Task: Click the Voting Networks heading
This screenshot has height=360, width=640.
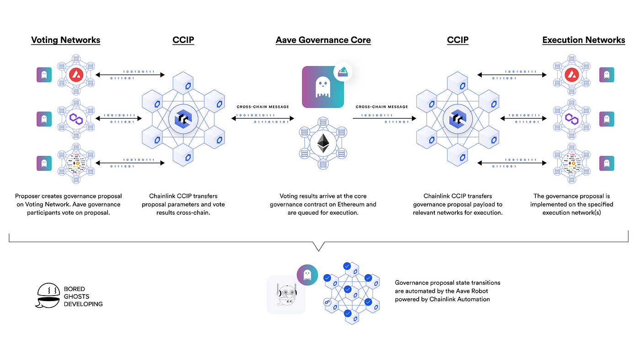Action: tap(65, 40)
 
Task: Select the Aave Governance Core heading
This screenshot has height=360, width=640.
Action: tap(323, 40)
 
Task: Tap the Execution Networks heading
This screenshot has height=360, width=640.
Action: tap(583, 40)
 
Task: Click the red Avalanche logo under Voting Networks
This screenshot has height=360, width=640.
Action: tap(74, 74)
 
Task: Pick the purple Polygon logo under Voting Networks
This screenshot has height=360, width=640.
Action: tap(74, 119)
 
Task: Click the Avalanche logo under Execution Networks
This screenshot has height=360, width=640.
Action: tap(570, 74)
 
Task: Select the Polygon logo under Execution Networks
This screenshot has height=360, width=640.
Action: tap(570, 119)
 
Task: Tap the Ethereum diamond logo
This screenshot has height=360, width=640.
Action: tap(323, 143)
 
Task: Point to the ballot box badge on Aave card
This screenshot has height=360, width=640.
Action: tap(344, 72)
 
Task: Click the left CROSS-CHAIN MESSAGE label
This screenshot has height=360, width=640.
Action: tap(263, 107)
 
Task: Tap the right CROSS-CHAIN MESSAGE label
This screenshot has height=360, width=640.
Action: tap(382, 107)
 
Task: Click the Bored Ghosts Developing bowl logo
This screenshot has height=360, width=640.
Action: tap(48, 296)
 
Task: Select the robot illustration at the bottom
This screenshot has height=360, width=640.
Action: tap(286, 295)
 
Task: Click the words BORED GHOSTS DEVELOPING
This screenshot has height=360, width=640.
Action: tap(83, 296)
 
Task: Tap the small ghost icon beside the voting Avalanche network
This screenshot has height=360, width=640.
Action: tap(44, 74)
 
